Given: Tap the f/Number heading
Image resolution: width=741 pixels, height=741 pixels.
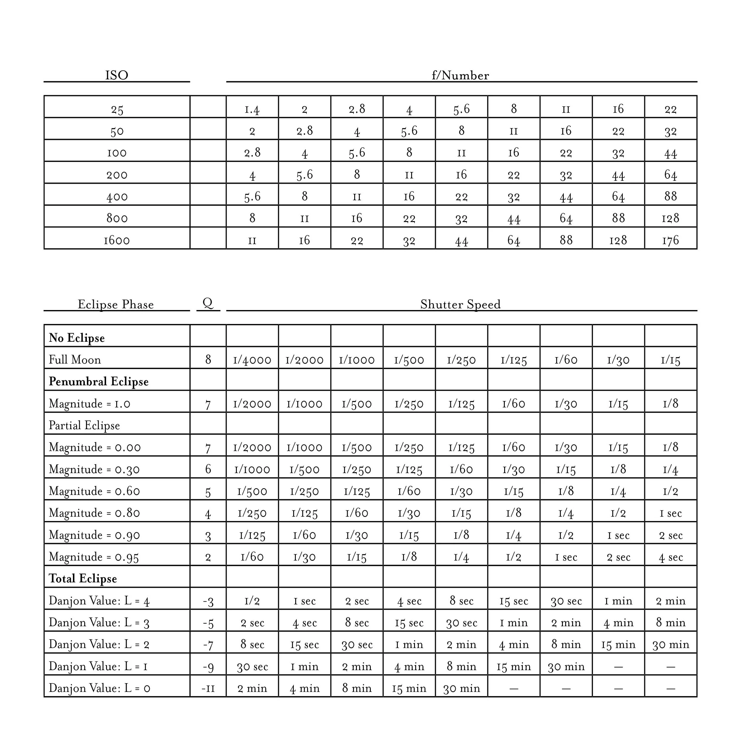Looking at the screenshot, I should pos(460,75).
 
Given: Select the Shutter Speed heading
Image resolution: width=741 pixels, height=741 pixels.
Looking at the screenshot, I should pos(460,304).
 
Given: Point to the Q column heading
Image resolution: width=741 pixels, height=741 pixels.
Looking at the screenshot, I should pos(208,303).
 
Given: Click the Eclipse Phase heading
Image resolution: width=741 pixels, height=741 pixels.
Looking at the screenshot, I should pos(116,304).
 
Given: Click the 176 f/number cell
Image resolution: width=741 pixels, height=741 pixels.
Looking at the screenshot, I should pos(670,240).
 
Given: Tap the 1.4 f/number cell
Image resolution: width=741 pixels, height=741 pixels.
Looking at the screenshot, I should pos(252,109).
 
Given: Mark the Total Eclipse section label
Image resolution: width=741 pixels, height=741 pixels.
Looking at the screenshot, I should pos(83,578).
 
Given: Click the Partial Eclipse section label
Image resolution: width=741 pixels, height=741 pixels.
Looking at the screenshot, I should pos(84,425).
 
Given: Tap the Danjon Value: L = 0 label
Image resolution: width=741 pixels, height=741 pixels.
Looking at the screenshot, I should pos(99,688).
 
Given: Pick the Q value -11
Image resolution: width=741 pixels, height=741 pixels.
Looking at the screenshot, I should pos(208,688).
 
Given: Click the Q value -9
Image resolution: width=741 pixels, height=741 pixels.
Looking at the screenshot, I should pos(208,666).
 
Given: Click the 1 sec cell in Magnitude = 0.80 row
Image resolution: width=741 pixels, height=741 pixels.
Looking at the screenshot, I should pos(670,513).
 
